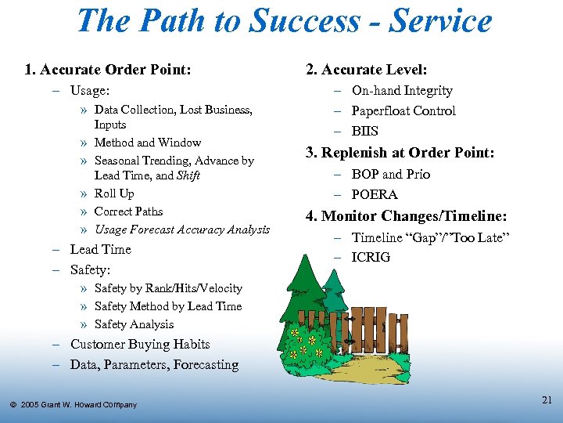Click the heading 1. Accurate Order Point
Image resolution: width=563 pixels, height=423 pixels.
point(108,70)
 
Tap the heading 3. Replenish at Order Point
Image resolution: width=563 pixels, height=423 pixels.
point(400,153)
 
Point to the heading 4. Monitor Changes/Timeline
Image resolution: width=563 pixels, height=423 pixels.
point(406,216)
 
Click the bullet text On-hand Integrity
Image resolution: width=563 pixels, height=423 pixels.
point(402,91)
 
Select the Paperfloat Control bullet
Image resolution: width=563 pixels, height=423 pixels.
point(403,111)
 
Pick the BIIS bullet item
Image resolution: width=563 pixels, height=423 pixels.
point(364,132)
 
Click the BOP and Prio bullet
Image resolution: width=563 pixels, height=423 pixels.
point(390,174)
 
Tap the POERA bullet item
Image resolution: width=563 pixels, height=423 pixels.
point(375,194)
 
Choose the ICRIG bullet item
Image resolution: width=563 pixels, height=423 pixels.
point(371,258)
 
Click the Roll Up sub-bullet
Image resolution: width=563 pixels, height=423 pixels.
point(114,193)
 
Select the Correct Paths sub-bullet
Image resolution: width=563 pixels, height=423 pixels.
point(128,211)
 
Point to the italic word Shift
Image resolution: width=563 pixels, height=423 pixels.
point(188,175)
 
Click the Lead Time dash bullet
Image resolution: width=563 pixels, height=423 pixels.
point(100,250)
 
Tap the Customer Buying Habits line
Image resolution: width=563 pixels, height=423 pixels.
point(140,345)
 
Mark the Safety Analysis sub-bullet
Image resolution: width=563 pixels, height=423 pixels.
point(134,324)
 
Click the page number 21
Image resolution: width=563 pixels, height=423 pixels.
point(547,400)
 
